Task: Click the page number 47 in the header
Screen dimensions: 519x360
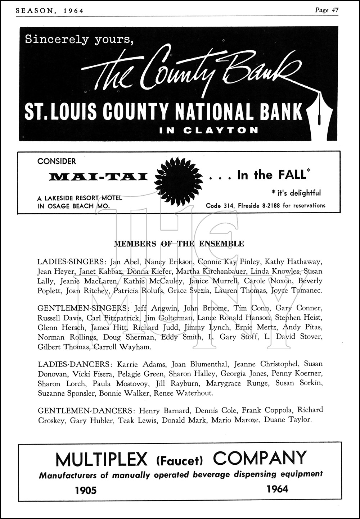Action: (334, 10)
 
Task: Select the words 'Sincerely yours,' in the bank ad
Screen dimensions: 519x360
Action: (79, 39)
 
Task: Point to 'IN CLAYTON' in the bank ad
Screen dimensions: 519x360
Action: (209, 130)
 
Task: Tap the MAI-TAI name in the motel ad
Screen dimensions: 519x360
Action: (98, 177)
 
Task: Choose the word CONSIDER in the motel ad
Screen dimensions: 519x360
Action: (57, 161)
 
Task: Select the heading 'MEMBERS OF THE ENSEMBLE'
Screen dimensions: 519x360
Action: (179, 244)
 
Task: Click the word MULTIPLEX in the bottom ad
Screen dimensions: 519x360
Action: (102, 459)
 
